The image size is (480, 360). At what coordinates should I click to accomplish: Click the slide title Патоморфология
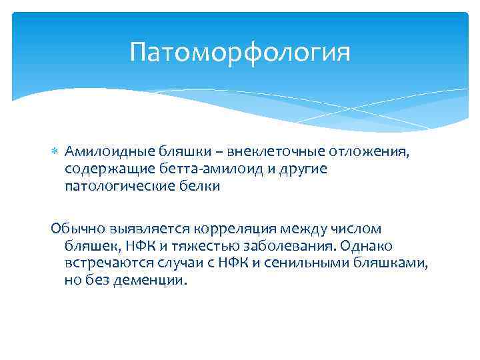240,51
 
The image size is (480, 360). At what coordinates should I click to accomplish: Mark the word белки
198,186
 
